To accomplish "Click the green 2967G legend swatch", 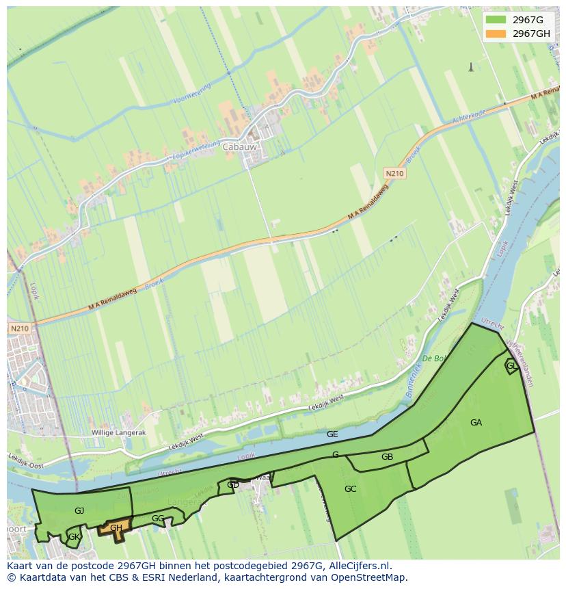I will coord(496,20).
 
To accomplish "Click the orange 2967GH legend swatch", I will coord(496,34).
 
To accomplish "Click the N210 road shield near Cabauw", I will coord(394,174).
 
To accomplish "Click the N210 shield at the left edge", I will coord(20,329).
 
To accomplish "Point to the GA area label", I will coord(476,423).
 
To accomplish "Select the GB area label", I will coord(387,457).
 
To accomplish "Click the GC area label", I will coord(350,489).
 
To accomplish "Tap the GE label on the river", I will coord(332,434).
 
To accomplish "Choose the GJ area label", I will coord(79,511).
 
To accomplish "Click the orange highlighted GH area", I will coord(116,528).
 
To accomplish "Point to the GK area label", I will coord(74,538).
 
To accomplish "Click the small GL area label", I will coord(511,366).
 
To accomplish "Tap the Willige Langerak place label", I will coord(118,434).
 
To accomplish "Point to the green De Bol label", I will coord(435,358).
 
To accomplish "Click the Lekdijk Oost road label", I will coord(25,460).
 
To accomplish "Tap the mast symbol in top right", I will coord(470,67).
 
